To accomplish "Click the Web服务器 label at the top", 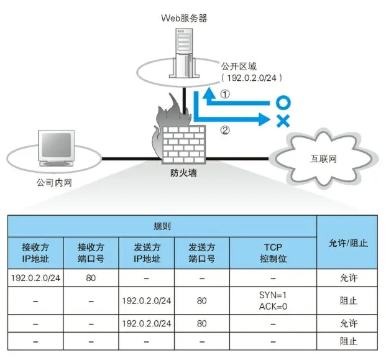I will tap(183, 19).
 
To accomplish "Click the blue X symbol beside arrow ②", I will tap(283, 121).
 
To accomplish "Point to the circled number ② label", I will tap(226, 131).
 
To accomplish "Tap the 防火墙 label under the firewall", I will tap(183, 174).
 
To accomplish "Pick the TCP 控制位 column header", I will tap(274, 252).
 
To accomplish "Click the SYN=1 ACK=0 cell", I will tap(274, 300).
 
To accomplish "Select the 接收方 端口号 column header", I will tap(91, 252).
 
